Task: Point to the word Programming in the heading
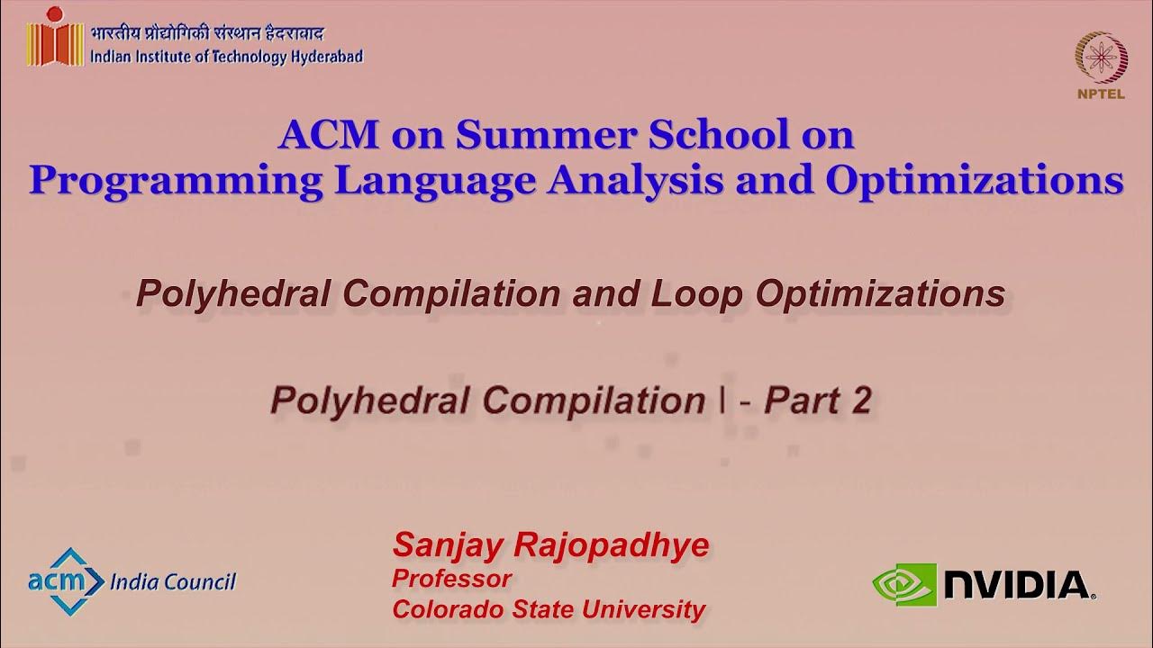[x=176, y=180]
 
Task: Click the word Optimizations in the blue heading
[x=975, y=180]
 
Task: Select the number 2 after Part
[x=860, y=400]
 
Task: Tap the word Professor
[x=451, y=578]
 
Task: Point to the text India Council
[x=172, y=582]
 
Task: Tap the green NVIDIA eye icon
[x=903, y=584]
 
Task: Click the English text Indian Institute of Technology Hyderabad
[x=227, y=57]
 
